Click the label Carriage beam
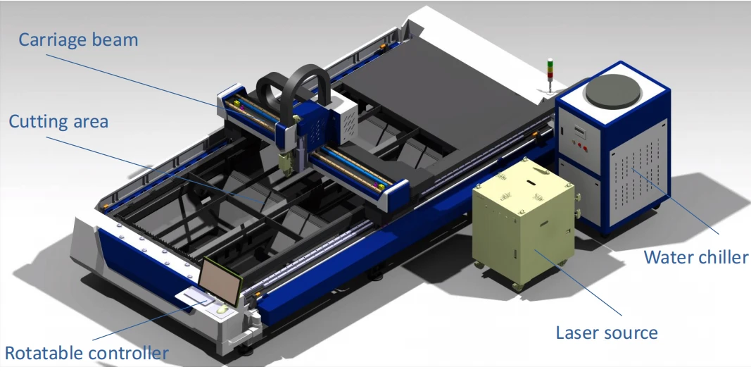pyautogui.click(x=78, y=39)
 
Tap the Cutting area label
pyautogui.click(x=58, y=121)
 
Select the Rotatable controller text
pyautogui.click(x=86, y=353)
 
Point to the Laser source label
pyautogui.click(x=606, y=333)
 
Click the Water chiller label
pyautogui.click(x=696, y=257)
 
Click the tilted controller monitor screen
pyautogui.click(x=221, y=282)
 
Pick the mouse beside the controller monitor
pyautogui.click(x=222, y=310)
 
